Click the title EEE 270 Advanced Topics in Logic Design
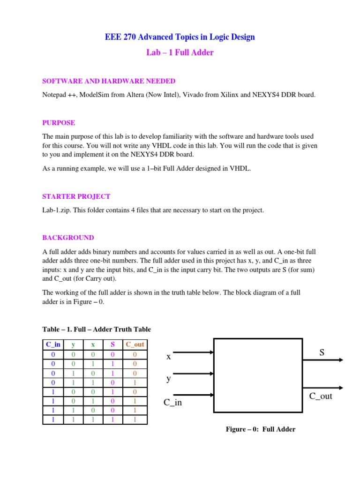180,37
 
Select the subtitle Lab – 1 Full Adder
180,52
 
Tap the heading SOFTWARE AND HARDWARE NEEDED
109,81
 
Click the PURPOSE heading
59,123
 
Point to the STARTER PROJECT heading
76,196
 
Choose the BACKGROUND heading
68,238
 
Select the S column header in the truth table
112,345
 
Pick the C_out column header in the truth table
135,345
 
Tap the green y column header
73,345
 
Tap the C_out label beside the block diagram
321,397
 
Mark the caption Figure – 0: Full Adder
261,429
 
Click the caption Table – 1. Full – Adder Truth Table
97,329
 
